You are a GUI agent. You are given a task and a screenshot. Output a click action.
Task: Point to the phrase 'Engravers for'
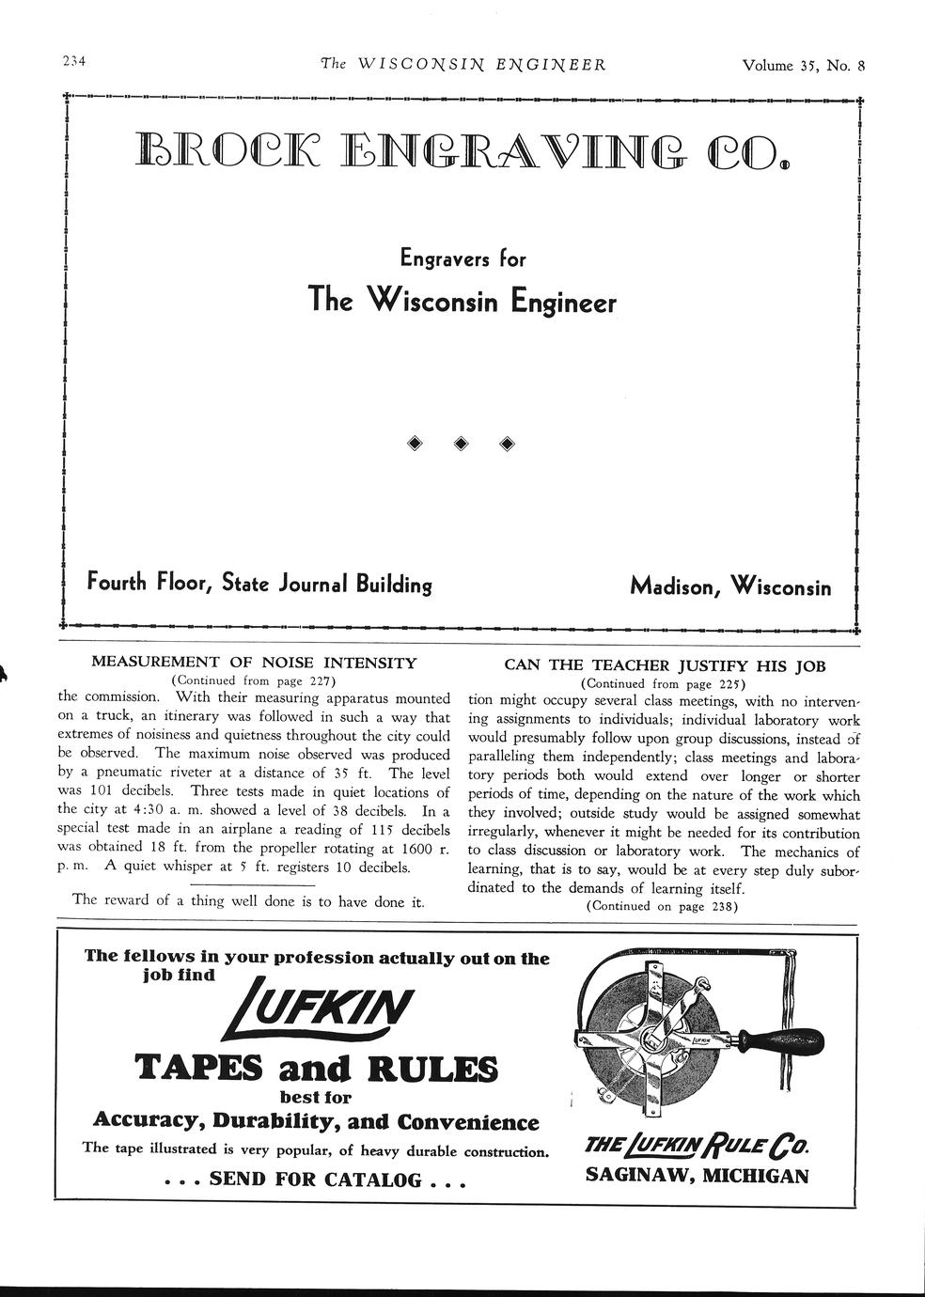tap(462, 258)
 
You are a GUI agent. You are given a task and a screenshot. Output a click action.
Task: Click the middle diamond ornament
tap(462, 444)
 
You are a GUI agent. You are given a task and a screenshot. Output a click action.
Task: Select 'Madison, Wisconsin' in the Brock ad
tap(730, 586)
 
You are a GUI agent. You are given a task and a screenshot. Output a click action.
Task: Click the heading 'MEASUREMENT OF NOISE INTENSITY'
tap(254, 663)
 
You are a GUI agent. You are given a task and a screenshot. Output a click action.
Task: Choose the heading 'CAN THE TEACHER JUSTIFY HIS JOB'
tap(665, 665)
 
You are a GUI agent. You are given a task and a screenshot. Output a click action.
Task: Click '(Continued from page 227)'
tap(254, 680)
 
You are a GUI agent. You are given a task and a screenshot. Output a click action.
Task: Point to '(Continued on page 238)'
tap(662, 906)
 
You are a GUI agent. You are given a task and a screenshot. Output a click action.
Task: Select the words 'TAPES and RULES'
tap(317, 1069)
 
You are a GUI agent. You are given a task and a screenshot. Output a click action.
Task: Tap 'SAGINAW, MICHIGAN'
tap(697, 1175)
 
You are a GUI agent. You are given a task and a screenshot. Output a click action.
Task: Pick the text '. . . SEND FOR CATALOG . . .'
tap(316, 1180)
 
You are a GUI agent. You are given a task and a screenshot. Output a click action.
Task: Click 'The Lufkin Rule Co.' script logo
tap(697, 1146)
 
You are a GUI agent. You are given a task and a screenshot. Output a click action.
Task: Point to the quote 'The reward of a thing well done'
tap(248, 900)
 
